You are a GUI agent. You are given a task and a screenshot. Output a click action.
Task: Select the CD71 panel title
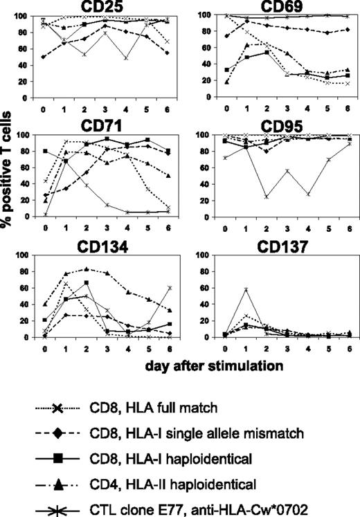tap(110, 125)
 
